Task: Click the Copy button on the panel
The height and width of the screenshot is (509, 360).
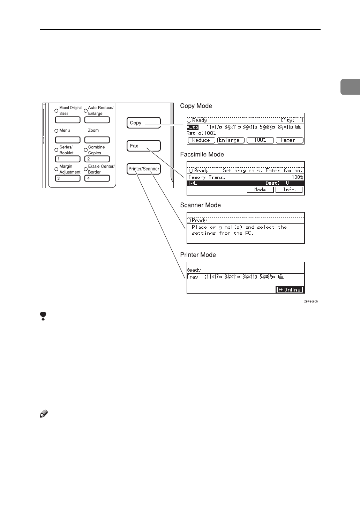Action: (x=143, y=123)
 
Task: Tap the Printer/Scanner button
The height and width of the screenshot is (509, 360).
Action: (x=143, y=169)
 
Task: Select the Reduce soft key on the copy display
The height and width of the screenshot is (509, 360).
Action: (x=201, y=140)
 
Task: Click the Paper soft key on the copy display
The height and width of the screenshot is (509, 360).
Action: (x=289, y=140)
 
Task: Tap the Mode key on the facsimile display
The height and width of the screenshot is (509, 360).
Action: (x=260, y=190)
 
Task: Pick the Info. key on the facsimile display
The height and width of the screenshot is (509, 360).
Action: (x=289, y=190)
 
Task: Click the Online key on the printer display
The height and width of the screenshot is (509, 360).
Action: (x=289, y=290)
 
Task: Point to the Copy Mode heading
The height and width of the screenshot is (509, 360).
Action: (x=196, y=106)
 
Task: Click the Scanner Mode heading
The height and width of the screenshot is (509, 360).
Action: (x=200, y=205)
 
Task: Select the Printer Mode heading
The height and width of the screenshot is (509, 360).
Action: (x=198, y=255)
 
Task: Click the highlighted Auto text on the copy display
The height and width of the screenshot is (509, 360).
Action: (x=193, y=127)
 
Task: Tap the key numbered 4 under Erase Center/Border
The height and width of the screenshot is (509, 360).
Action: (x=97, y=178)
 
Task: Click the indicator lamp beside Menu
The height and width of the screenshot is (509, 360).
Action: (x=57, y=131)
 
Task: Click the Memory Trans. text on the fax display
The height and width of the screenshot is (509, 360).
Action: (x=207, y=177)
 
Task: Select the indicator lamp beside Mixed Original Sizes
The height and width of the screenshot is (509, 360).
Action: (x=57, y=111)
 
